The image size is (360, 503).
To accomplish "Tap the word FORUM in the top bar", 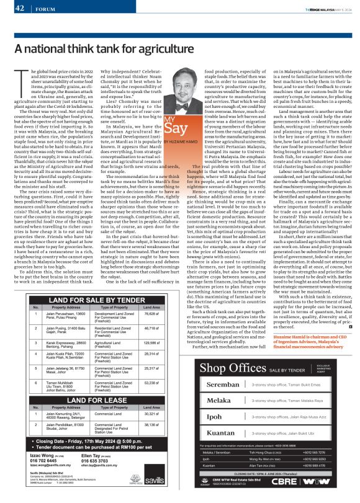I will tap(42, 9).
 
